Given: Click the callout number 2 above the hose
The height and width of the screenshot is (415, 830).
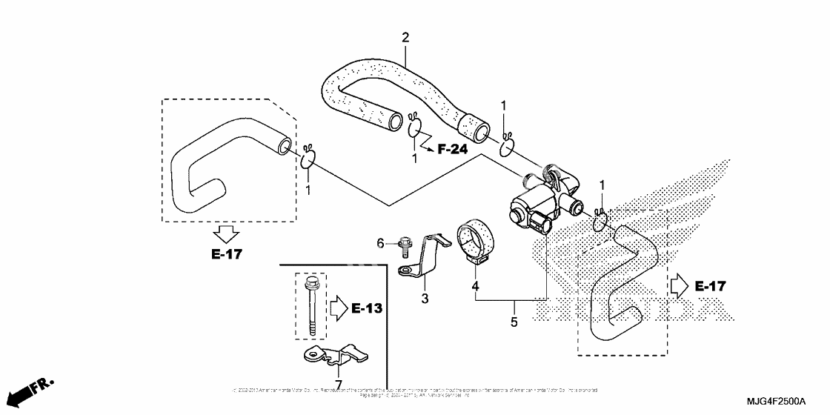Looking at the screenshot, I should [405, 37].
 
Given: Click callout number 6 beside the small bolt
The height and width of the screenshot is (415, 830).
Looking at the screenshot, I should [382, 242].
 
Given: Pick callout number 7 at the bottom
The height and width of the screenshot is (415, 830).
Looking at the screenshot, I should [338, 383].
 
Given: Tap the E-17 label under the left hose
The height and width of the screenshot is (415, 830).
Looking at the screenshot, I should [226, 254].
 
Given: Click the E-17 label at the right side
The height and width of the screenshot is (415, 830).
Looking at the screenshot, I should [711, 286].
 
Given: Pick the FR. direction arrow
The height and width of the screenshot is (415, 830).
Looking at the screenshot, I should [34, 391].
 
